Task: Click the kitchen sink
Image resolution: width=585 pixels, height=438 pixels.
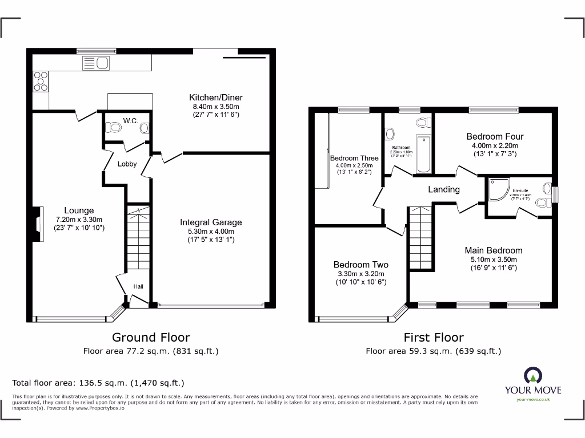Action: (x=95, y=63)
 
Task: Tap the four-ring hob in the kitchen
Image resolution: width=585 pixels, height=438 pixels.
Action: (x=41, y=81)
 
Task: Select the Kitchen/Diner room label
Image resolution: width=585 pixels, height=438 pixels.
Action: (x=219, y=98)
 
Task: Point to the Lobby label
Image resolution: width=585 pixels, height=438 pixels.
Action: (x=127, y=164)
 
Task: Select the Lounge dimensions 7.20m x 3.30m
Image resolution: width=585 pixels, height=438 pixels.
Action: (x=79, y=220)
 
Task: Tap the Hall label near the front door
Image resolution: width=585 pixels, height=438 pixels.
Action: (x=138, y=286)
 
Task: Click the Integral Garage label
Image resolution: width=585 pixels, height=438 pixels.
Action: (x=211, y=222)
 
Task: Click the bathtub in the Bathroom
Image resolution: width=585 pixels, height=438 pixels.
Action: (x=423, y=153)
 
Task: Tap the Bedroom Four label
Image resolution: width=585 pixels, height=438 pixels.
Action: (x=495, y=136)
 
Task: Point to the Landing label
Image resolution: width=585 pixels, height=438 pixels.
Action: (x=444, y=189)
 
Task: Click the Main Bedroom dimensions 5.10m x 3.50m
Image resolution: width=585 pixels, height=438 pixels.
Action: (x=494, y=259)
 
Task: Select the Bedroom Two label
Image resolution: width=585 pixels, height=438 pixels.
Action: (x=361, y=265)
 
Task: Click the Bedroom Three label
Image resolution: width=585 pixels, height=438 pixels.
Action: (x=354, y=159)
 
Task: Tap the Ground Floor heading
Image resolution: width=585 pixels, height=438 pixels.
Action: (x=151, y=338)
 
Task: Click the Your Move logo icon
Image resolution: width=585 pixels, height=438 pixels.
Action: (x=532, y=375)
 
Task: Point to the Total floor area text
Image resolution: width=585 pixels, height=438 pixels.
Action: (x=98, y=383)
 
